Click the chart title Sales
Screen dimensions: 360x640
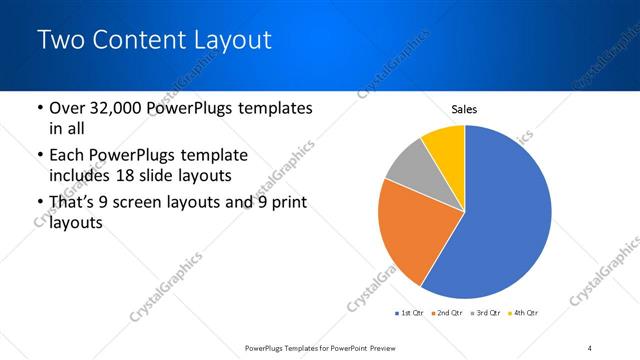[465, 109]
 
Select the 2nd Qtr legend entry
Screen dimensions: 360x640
[447, 314]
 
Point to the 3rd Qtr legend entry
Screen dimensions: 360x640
[487, 314]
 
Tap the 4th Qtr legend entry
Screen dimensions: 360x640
[525, 314]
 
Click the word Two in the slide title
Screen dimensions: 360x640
[60, 40]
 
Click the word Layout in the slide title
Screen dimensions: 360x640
[225, 40]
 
